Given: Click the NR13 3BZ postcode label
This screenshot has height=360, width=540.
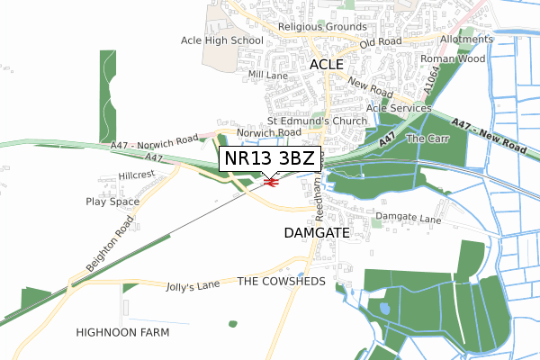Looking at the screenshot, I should coord(269,158).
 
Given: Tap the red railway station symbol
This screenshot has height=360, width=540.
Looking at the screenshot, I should coord(271,183).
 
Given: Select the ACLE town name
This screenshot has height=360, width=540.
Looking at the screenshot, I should coord(328,65).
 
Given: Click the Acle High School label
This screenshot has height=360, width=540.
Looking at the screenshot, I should coord(221,40).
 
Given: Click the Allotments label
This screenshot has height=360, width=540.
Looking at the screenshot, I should coord(467,40).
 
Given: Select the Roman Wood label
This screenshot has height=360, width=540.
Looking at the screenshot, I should coord(458,58).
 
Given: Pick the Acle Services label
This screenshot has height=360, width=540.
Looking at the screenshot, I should coord(393,108).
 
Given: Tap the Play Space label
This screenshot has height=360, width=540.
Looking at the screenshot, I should coord(112,202).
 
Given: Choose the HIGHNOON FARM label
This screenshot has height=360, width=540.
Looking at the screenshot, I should coord(122,332).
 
